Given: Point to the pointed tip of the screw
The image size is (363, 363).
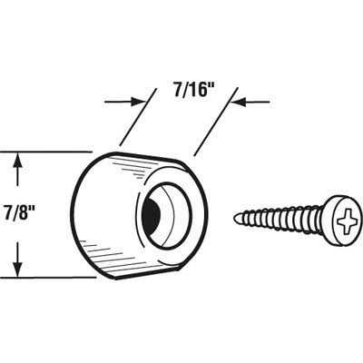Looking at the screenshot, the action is click(235, 217).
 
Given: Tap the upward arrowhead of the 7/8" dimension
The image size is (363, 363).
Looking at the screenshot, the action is click(18, 161).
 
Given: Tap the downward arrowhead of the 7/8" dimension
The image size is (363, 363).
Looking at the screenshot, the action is click(18, 268).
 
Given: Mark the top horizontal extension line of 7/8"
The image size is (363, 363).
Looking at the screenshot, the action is click(45, 152).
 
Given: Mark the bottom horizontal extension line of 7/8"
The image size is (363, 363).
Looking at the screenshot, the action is click(48, 277).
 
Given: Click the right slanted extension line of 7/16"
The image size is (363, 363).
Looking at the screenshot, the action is click(216, 122).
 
